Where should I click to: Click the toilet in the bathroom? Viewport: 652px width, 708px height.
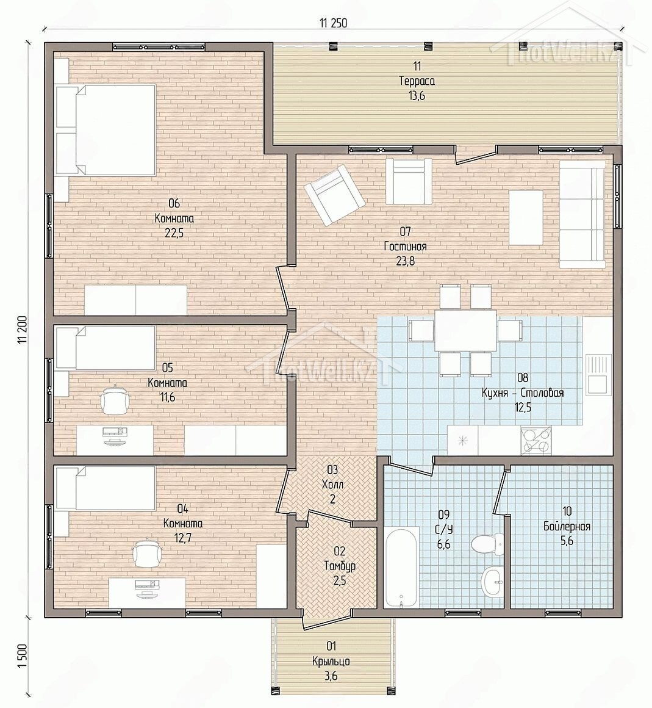487,544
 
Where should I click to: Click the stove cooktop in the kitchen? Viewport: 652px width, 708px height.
536,440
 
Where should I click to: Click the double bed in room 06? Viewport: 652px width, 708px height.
106,131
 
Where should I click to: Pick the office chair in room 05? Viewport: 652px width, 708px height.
116,399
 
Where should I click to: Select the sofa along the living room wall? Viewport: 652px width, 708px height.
582,214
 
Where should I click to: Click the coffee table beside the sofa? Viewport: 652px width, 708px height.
526,218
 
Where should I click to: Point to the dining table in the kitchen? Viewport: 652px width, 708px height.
465,330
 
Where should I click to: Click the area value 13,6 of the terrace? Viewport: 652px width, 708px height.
417,95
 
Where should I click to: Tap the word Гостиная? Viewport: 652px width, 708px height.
405,247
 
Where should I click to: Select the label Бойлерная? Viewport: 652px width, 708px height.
567,526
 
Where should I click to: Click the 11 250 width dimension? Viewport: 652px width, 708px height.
334,23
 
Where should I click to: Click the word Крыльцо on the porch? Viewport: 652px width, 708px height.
331,662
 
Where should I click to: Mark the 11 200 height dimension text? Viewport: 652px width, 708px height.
23,330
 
